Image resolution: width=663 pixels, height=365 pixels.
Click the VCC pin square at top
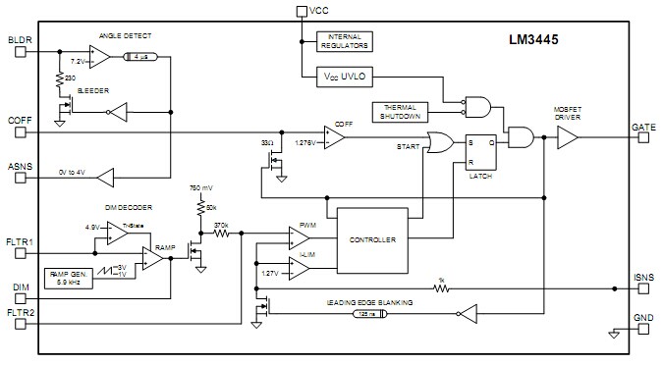(302, 11)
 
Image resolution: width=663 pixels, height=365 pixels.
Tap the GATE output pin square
(643, 138)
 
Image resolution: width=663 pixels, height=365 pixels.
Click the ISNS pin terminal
(643, 288)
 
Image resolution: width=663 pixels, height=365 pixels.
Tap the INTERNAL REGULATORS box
(344, 39)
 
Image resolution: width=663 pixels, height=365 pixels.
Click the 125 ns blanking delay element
(372, 314)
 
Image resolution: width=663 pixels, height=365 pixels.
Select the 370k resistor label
(220, 225)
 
